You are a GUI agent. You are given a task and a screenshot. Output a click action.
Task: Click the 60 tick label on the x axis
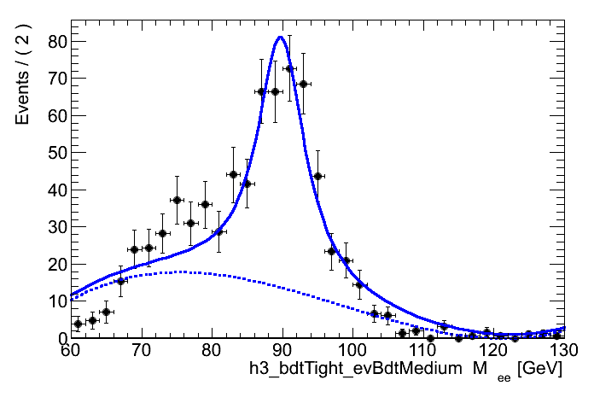(x=70, y=350)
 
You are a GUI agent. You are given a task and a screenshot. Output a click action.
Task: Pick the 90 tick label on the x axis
(x=281, y=350)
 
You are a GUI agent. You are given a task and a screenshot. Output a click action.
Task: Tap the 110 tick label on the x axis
(x=422, y=350)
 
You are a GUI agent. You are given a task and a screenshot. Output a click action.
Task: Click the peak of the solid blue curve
(x=280, y=36)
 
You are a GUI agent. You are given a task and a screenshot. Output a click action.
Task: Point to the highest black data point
(x=289, y=68)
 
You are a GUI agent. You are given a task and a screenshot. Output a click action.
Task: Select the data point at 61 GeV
(x=78, y=324)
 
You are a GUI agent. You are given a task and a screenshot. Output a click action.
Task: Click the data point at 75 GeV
(x=177, y=200)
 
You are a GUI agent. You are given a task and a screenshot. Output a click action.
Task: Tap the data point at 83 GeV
(x=233, y=174)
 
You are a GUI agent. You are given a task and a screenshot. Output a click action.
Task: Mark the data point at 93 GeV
(x=303, y=84)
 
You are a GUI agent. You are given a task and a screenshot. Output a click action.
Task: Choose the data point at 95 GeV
(x=317, y=176)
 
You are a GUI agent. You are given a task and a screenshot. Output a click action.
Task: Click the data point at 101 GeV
(x=359, y=284)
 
